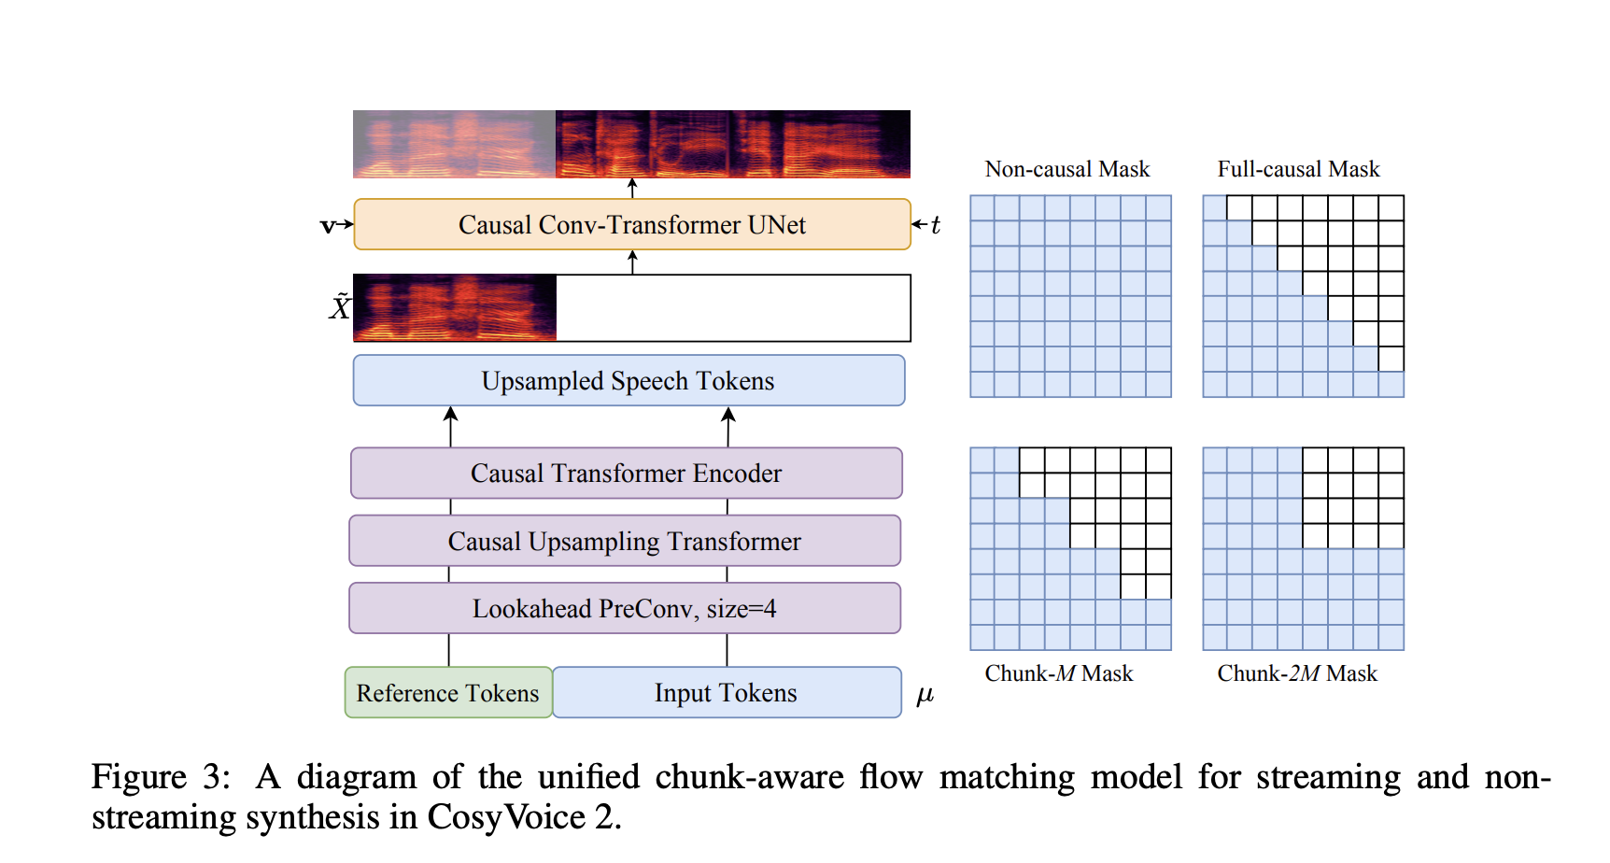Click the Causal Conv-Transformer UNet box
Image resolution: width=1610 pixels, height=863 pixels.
[x=632, y=225]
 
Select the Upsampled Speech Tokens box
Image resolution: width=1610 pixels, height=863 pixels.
[x=628, y=381]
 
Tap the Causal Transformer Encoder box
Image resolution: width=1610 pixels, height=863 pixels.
[x=626, y=474]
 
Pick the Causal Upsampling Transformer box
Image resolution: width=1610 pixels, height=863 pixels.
[x=625, y=542]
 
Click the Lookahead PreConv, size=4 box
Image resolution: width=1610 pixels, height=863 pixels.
[x=625, y=609]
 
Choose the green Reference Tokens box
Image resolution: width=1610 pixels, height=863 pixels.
[x=448, y=693]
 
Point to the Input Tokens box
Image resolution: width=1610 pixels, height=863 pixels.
[x=727, y=693]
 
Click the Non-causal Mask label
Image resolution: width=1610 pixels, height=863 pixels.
[x=1067, y=169]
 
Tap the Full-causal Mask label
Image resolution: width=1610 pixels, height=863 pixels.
[x=1298, y=169]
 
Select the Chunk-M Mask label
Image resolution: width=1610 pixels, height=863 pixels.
[x=1059, y=673]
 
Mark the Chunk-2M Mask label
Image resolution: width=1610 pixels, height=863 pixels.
[x=1297, y=673]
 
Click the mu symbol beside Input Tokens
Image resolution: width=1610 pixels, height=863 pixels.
[x=925, y=695]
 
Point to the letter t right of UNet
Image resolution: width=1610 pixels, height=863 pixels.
[x=935, y=225]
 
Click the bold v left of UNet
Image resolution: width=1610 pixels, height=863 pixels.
[x=328, y=225]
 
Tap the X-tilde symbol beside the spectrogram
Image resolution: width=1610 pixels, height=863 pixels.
[x=340, y=306]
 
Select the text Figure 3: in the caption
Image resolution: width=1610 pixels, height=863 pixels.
[x=161, y=777]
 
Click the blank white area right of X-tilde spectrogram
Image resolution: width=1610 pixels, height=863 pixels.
[x=733, y=308]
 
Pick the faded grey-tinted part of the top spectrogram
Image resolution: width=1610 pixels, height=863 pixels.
[x=454, y=144]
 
